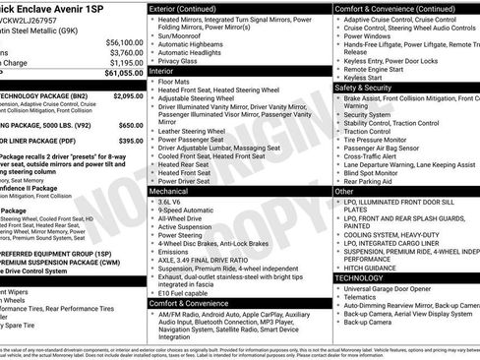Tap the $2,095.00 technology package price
point(126,96)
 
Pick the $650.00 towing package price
point(130,126)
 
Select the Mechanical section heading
point(172,190)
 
